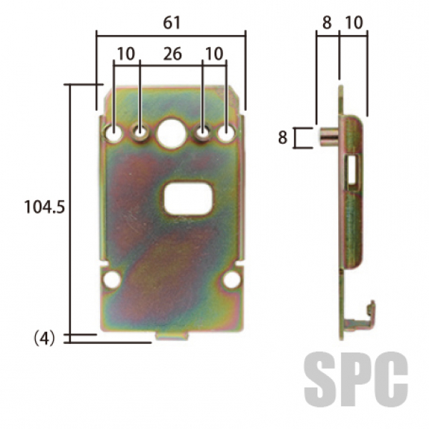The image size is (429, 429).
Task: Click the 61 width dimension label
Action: tap(172, 23)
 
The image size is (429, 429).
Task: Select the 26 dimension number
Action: tap(172, 54)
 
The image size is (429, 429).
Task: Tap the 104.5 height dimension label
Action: tap(44, 207)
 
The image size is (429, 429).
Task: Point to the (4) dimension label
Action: tap(44, 338)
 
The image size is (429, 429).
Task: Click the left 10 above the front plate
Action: tap(126, 54)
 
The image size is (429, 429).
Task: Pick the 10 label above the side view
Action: tap(354, 22)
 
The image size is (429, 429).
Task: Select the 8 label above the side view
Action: tap(327, 22)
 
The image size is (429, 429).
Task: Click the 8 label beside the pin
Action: tap(283, 137)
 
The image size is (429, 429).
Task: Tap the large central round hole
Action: tap(172, 133)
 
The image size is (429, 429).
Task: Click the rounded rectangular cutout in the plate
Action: tap(188, 199)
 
